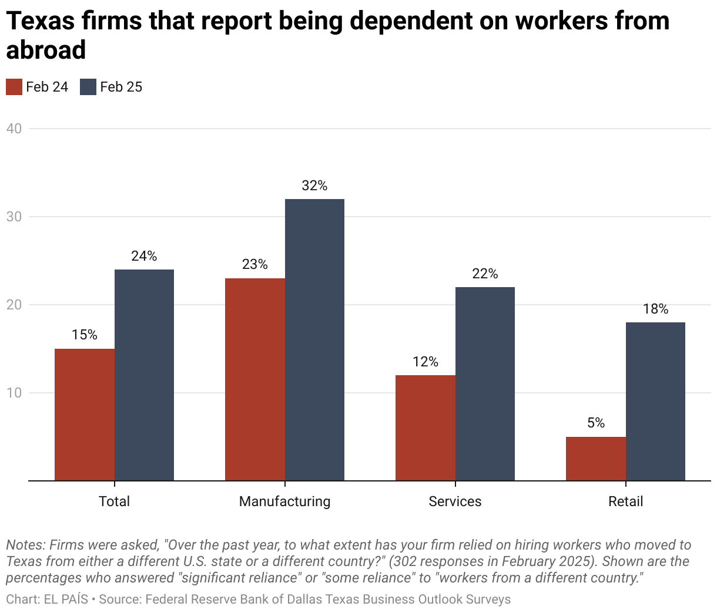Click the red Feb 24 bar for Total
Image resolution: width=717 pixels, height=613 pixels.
click(x=85, y=415)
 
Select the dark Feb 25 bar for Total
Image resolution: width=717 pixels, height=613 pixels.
click(x=144, y=375)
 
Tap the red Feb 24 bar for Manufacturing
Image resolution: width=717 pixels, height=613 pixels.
click(x=255, y=379)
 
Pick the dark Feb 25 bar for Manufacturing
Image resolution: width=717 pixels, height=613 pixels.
click(x=314, y=340)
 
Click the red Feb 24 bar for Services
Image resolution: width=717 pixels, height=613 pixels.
click(x=425, y=428)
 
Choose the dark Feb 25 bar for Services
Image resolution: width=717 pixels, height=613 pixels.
click(x=485, y=384)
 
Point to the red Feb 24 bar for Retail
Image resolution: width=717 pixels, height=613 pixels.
click(x=596, y=459)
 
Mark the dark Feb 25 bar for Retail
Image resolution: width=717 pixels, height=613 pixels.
click(x=655, y=402)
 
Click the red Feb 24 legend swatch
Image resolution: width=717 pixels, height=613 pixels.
click(x=14, y=87)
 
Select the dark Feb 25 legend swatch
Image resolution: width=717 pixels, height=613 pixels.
click(x=88, y=87)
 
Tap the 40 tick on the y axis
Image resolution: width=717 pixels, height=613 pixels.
click(x=14, y=129)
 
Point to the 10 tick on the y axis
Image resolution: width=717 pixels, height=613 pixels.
click(x=14, y=393)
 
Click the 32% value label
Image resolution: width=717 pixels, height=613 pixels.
click(x=314, y=186)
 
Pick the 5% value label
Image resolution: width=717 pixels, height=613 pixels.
click(x=596, y=423)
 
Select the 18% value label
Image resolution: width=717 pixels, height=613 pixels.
click(x=655, y=309)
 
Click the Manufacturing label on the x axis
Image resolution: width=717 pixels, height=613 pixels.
click(x=284, y=501)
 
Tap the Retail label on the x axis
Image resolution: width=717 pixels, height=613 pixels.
click(x=625, y=501)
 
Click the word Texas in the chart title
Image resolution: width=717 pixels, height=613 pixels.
click(x=41, y=21)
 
